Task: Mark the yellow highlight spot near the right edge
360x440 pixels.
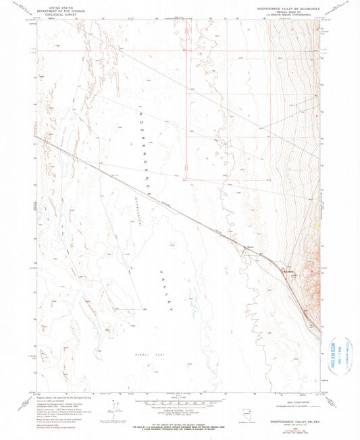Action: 316,225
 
